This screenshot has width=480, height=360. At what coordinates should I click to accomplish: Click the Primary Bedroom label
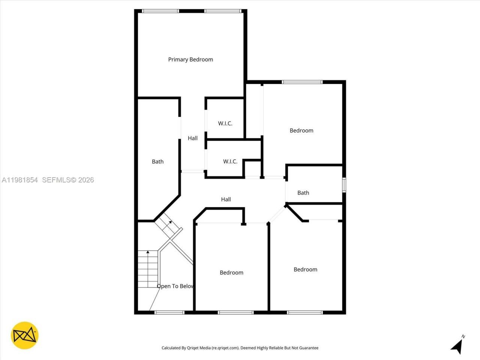pos(190,59)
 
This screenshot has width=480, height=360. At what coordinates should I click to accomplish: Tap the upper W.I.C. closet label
pos(225,123)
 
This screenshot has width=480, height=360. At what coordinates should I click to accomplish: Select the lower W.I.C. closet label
pos(230,162)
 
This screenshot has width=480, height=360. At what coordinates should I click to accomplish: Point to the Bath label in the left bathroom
pos(157,162)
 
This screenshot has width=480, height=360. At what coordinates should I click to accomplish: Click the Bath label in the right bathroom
pos(303,193)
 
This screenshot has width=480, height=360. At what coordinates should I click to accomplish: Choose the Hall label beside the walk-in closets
pos(193,138)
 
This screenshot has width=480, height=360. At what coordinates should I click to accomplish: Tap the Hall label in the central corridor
pos(226,199)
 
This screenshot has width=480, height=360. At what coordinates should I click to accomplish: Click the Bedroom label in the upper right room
pos(301,130)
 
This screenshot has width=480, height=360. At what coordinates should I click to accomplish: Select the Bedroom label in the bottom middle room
pos(231,273)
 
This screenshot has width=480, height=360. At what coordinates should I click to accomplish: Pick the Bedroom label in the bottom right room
pos(305,269)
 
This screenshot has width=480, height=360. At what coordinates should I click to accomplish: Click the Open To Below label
pos(175,286)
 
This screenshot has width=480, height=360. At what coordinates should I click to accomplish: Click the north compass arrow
pos(457,346)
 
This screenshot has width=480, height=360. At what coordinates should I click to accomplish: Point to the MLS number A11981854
pos(20,180)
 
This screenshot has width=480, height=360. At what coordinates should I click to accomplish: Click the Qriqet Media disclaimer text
pos(240,348)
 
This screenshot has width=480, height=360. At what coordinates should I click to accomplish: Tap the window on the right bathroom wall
pos(344,185)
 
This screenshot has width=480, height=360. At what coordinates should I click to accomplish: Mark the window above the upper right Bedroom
pos(302,82)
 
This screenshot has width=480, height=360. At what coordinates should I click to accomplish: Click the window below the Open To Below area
pos(169,312)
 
